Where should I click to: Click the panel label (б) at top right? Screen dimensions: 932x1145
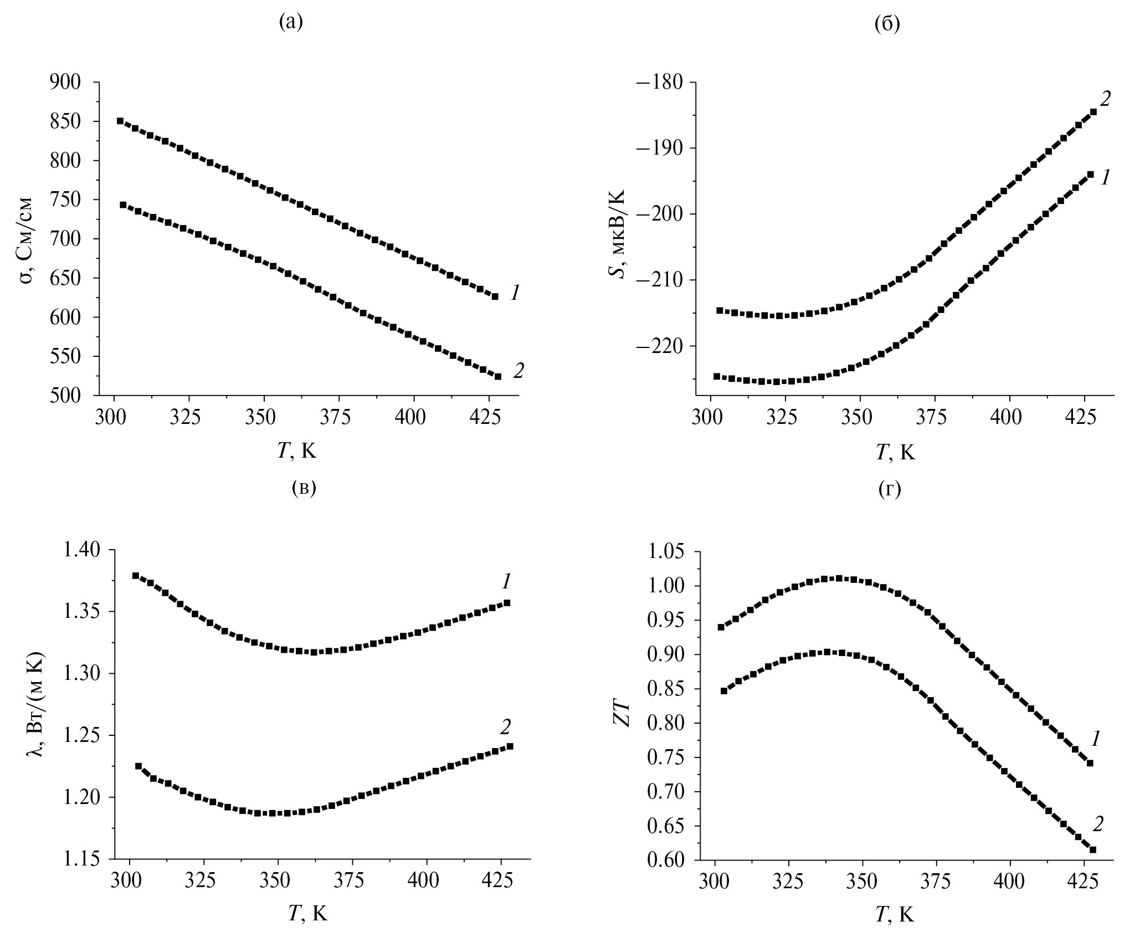[x=887, y=23]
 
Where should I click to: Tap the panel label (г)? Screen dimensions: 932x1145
[x=890, y=489]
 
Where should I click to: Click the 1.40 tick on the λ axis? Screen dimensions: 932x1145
[x=83, y=550]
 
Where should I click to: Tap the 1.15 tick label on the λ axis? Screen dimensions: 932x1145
[x=83, y=859]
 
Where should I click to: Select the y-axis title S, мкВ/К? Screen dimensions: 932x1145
[x=619, y=234]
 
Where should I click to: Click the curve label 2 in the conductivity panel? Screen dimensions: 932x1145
[x=518, y=371]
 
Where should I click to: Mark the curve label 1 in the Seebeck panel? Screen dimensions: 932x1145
[x=1105, y=177]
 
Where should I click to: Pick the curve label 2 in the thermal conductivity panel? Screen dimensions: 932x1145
[x=505, y=726]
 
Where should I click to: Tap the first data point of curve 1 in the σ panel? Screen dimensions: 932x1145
[x=120, y=121]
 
